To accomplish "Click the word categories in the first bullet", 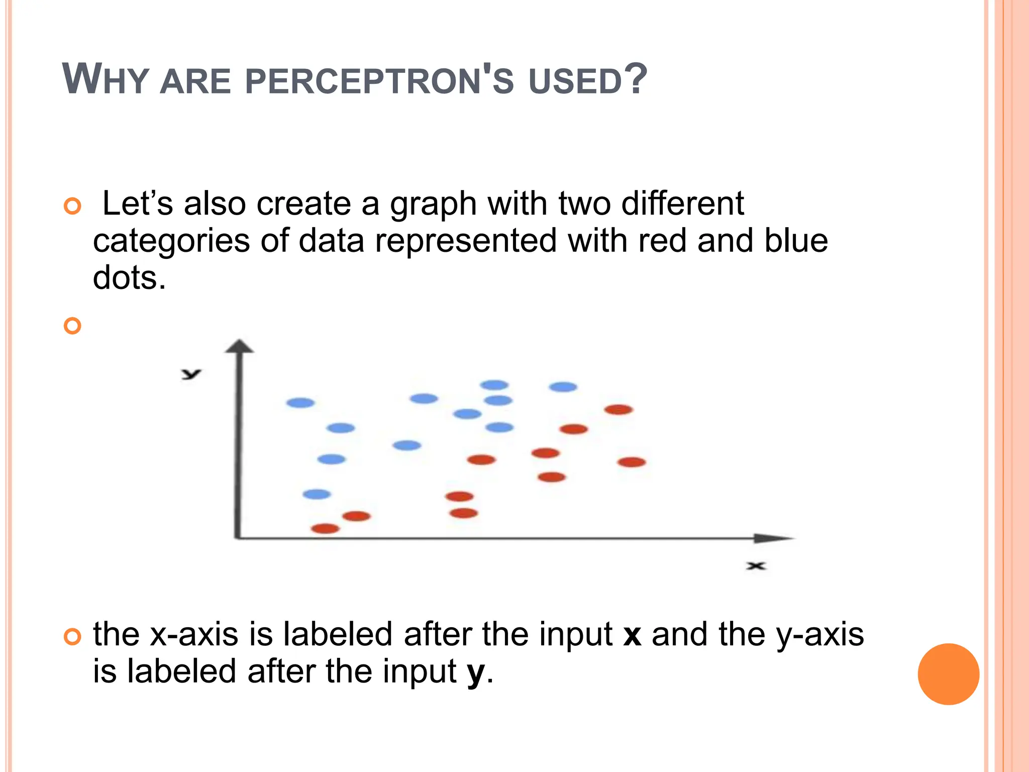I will click(x=171, y=241).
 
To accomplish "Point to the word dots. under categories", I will click(x=129, y=278).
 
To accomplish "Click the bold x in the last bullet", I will click(x=632, y=635).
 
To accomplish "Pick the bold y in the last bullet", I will click(x=476, y=672).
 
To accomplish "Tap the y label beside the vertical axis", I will click(x=191, y=373).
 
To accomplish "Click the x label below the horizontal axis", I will click(x=755, y=566).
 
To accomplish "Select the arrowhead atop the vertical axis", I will click(x=240, y=346).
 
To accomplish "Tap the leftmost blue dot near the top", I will click(x=300, y=403).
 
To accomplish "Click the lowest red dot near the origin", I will click(x=326, y=528).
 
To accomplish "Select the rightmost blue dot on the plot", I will click(x=563, y=387).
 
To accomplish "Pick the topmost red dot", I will click(x=619, y=410).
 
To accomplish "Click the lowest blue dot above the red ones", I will click(x=317, y=494).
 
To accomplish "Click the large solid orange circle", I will click(x=948, y=674).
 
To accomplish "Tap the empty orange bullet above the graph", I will click(x=73, y=326).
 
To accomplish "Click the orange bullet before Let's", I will click(x=73, y=206).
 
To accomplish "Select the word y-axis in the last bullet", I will click(x=820, y=635).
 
